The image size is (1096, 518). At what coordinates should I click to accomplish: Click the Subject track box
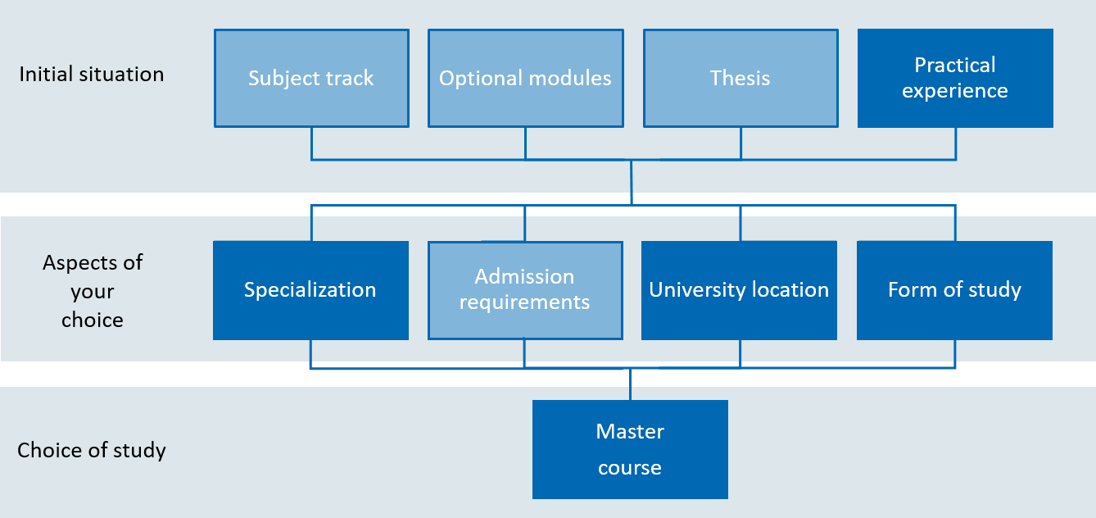tap(311, 79)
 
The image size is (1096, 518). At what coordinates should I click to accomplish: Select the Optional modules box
tap(526, 79)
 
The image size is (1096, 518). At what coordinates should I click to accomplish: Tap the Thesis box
tap(740, 79)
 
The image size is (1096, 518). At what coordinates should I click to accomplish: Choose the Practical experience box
tap(955, 79)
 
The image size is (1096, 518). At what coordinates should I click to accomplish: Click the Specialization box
tap(310, 290)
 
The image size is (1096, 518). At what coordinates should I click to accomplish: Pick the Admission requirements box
tap(525, 290)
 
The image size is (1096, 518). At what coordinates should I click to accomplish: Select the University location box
tap(740, 290)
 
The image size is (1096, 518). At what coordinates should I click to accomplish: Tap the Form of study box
tap(954, 290)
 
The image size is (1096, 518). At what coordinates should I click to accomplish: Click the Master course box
tap(630, 449)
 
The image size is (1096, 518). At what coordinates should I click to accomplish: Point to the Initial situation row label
tap(92, 74)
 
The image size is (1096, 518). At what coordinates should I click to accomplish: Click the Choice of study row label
tap(92, 450)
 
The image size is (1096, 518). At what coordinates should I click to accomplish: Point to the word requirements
tap(524, 302)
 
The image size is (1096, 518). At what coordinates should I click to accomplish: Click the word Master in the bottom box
tap(630, 431)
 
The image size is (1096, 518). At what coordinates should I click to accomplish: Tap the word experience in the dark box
tap(955, 91)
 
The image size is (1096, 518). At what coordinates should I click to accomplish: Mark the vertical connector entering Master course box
tap(630, 384)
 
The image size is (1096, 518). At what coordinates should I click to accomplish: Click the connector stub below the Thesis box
tap(740, 143)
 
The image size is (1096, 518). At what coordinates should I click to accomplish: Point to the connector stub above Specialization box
tap(311, 223)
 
